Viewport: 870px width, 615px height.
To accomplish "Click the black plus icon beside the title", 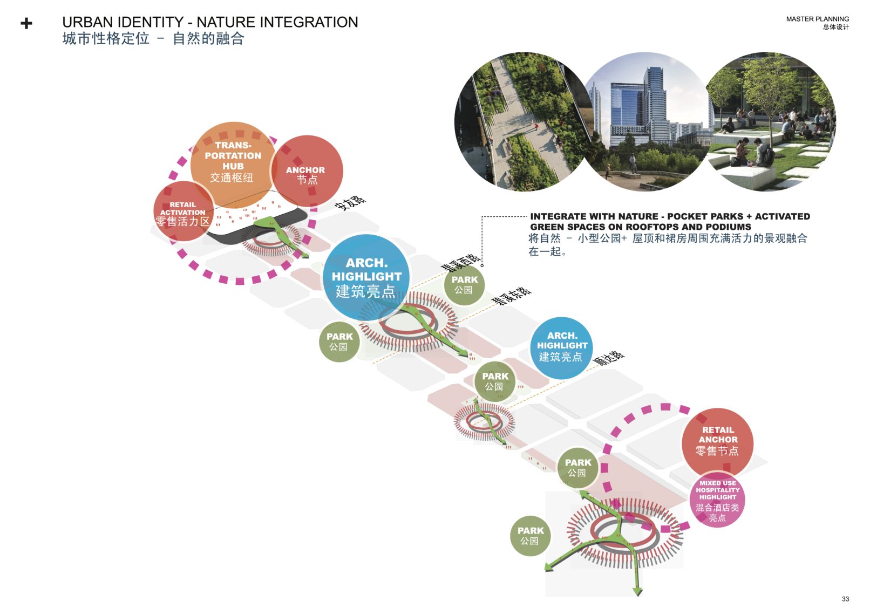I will [26, 23].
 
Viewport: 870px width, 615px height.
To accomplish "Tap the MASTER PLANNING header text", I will [817, 19].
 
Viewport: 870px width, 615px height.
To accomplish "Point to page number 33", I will [845, 599].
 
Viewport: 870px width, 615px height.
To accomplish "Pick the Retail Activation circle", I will [182, 213].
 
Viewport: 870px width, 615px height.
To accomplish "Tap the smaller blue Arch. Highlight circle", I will [561, 347].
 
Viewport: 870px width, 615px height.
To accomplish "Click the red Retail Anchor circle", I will [717, 441].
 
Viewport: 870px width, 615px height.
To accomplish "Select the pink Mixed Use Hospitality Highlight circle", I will [717, 501].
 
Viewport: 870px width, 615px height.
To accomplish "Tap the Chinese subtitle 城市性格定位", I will [106, 39].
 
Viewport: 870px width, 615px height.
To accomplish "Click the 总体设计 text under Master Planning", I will [835, 27].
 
